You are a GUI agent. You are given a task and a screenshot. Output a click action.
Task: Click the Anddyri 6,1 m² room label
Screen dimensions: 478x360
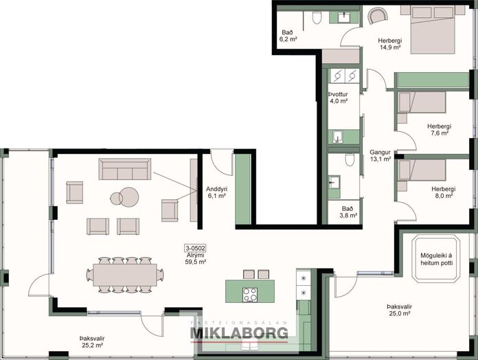(x=216, y=192)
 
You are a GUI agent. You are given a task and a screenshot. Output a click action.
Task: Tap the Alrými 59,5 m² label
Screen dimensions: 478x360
(x=196, y=258)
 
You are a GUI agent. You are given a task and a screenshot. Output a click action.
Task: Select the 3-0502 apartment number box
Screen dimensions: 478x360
(x=196, y=248)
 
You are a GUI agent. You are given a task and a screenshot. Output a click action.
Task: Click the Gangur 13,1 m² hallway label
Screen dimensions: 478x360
(x=380, y=155)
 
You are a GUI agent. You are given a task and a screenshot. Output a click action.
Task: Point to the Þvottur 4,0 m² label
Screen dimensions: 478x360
(x=338, y=98)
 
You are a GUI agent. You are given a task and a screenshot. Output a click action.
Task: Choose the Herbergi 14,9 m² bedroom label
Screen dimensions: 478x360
(x=390, y=43)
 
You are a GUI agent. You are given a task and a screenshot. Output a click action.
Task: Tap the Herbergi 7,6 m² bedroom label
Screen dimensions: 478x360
(x=439, y=130)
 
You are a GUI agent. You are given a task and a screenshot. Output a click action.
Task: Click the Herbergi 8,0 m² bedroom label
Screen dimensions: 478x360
(x=443, y=192)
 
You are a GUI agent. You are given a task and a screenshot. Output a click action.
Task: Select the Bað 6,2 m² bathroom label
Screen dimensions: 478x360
(x=288, y=36)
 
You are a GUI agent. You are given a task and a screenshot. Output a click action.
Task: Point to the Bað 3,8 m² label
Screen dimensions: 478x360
(x=348, y=212)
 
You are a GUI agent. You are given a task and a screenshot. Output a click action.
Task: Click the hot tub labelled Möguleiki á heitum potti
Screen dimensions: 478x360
(x=436, y=259)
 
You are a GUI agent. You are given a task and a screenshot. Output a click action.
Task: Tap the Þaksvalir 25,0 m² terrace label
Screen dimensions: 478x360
(x=399, y=310)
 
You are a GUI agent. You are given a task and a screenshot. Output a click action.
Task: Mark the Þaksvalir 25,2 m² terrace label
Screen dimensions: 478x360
(x=92, y=341)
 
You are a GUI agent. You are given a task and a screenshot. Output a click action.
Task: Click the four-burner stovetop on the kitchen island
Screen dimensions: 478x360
(x=250, y=295)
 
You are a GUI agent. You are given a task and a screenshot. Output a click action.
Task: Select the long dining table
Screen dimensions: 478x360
(x=125, y=275)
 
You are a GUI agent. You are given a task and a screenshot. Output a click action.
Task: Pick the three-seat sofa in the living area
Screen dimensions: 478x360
(x=125, y=169)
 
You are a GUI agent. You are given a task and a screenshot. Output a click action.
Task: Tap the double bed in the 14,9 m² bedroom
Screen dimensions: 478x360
(x=433, y=30)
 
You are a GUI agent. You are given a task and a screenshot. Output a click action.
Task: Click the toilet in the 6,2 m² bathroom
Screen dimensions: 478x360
(x=317, y=17)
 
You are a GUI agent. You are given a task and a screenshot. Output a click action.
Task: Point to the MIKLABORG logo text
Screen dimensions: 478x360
(x=239, y=333)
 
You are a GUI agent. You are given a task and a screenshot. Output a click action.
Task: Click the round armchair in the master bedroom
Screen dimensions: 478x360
(x=378, y=15)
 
